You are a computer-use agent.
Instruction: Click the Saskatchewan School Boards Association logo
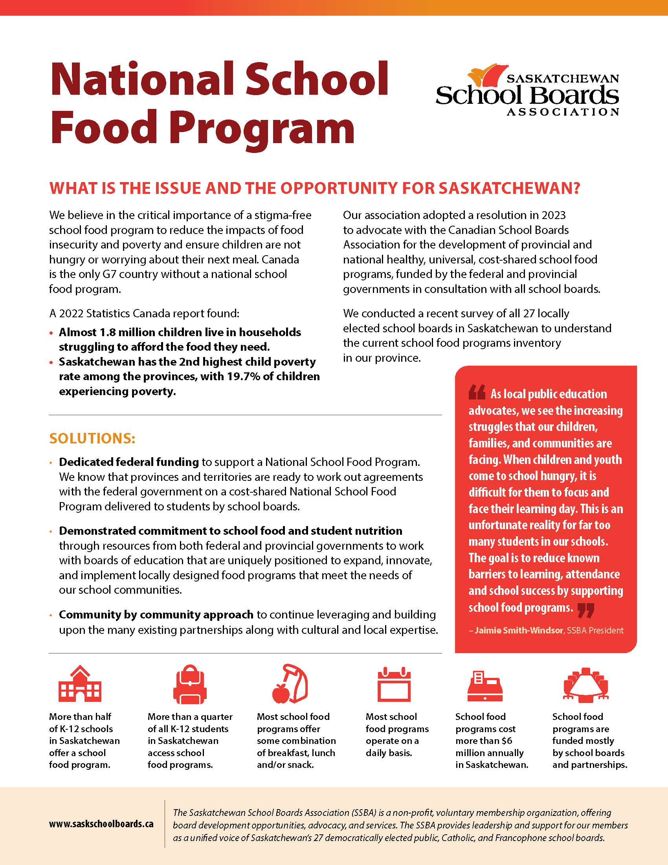[527, 90]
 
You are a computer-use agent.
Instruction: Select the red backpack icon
[190, 684]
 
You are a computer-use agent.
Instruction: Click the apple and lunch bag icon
[290, 684]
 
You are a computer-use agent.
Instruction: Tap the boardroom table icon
[585, 685]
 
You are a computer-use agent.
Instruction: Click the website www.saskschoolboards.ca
[101, 824]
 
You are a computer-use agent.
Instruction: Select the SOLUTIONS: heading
[92, 438]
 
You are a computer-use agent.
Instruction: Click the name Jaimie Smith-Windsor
[518, 630]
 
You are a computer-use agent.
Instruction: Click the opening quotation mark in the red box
[477, 392]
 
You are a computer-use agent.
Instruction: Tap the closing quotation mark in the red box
[586, 610]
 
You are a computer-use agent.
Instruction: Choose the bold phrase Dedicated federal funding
[128, 462]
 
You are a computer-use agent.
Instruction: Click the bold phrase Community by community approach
[156, 614]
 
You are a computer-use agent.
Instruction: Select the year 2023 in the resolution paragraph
[553, 215]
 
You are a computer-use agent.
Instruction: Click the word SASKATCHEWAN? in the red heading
[509, 188]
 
